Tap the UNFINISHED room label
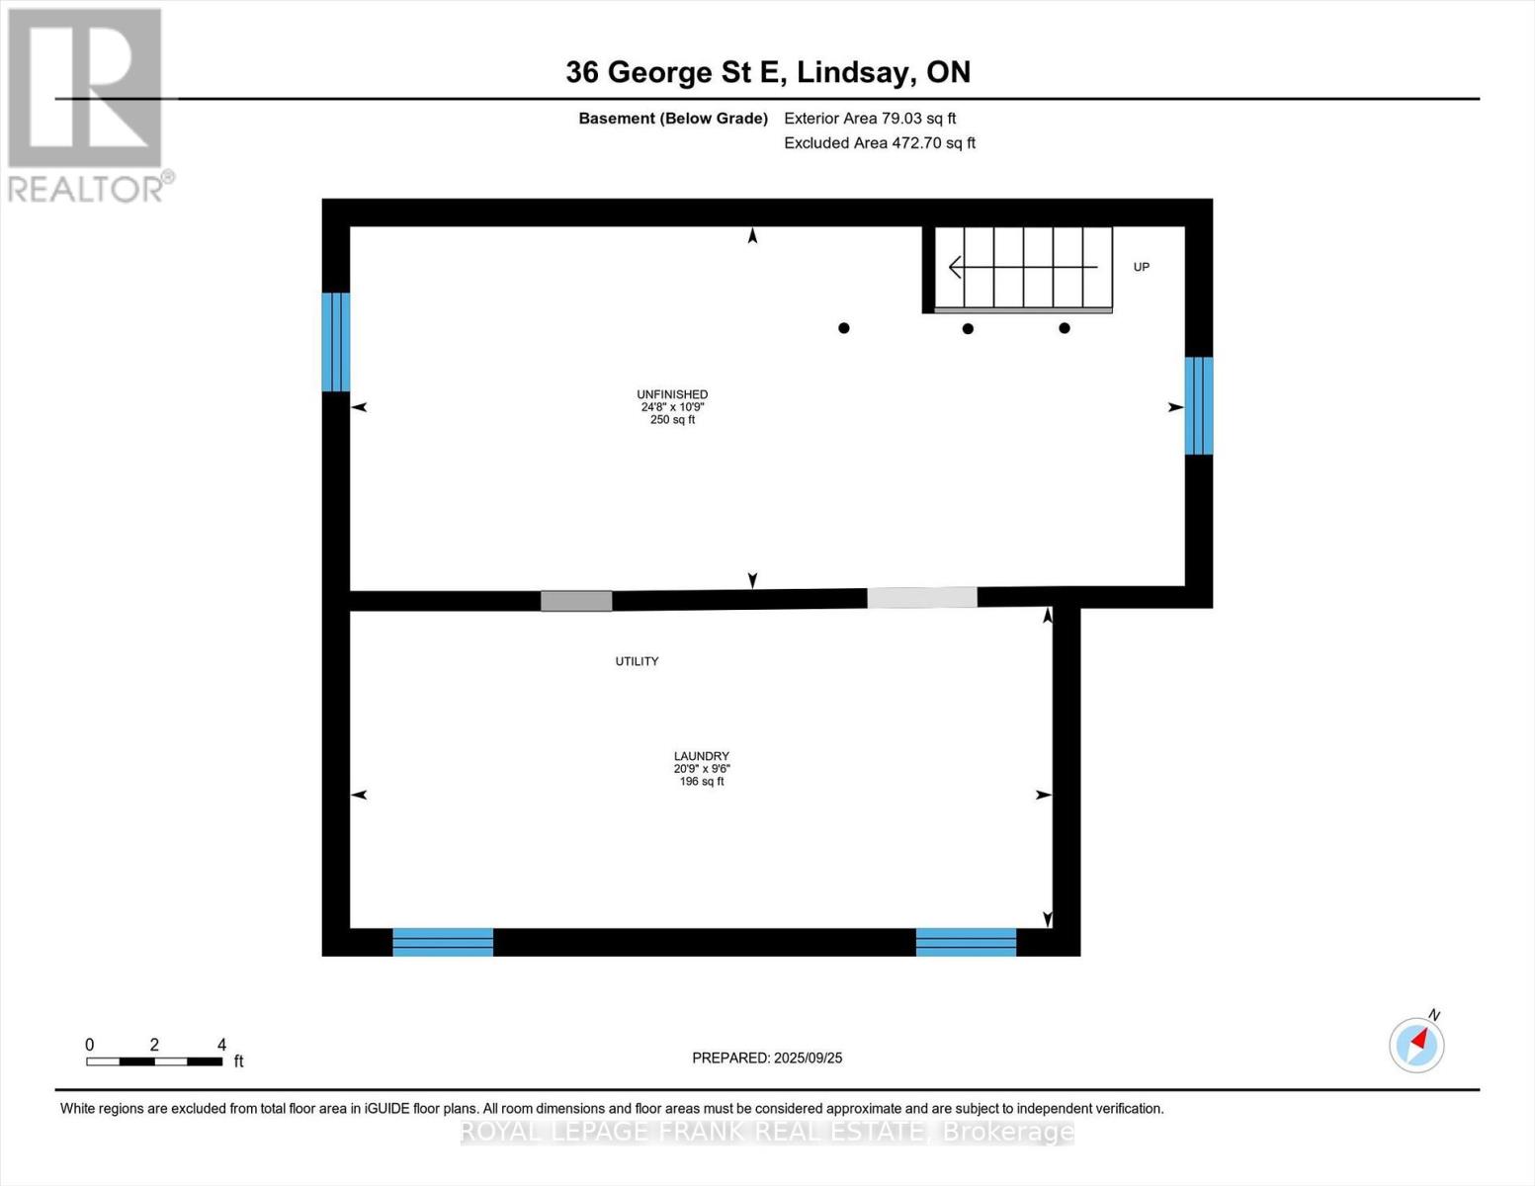672,395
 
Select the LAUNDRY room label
702,756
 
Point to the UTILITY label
637,661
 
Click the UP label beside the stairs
1142,267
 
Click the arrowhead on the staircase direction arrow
955,267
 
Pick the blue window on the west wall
335,342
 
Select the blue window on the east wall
1199,405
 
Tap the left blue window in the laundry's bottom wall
443,942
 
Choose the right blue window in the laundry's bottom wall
966,942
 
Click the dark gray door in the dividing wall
576,601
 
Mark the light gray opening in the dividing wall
922,598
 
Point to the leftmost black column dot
843,328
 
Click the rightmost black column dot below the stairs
1065,328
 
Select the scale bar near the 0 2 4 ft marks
154,1060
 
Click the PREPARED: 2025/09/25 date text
767,1058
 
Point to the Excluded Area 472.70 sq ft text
880,142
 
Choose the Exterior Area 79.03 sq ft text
870,118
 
